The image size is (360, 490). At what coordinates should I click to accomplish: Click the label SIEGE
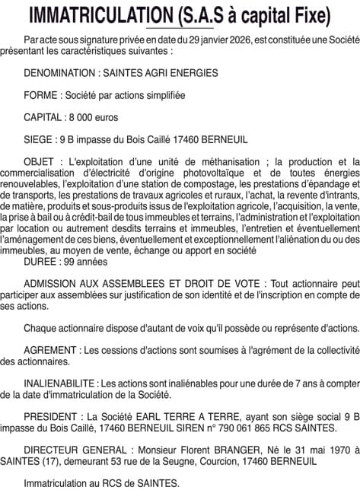click(37, 140)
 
